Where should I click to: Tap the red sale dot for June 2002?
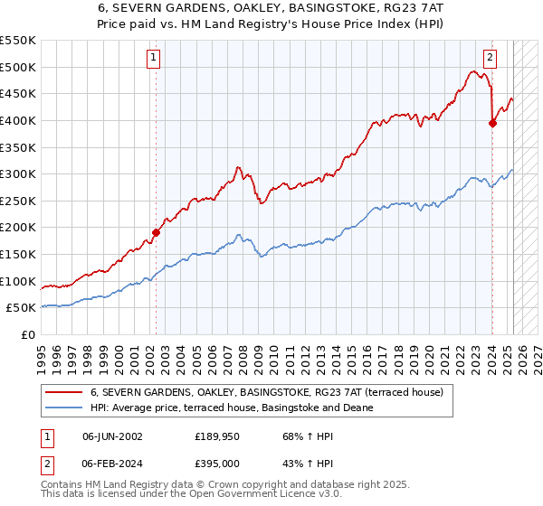coord(156,232)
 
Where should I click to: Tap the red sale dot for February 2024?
coord(492,124)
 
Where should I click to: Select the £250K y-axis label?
coord(17,201)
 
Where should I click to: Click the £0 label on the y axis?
coord(27,334)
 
